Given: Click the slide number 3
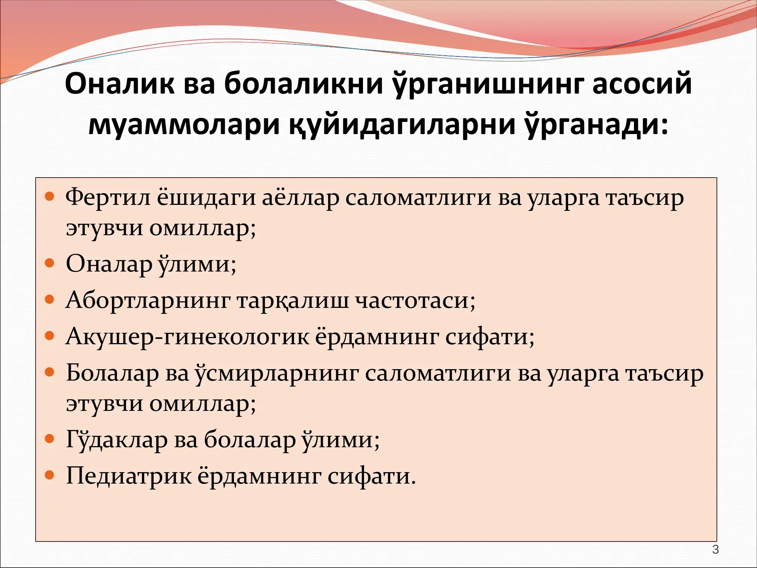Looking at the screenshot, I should coord(715,549).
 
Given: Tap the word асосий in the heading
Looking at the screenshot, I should coord(642,83).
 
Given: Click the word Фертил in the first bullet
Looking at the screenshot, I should coord(108,198).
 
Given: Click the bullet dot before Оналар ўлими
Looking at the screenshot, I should coord(50,263).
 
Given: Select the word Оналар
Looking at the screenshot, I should coord(109,264).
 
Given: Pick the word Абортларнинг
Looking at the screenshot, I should coord(148,300).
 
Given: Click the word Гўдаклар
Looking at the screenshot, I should coord(117,440).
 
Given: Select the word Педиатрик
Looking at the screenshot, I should coord(129,476).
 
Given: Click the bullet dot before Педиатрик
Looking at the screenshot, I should coord(50,475).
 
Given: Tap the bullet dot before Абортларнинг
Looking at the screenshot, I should coord(50,300).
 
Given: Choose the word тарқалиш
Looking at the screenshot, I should coord(293,300).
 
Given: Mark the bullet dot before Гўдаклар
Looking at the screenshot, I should coord(50,439).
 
